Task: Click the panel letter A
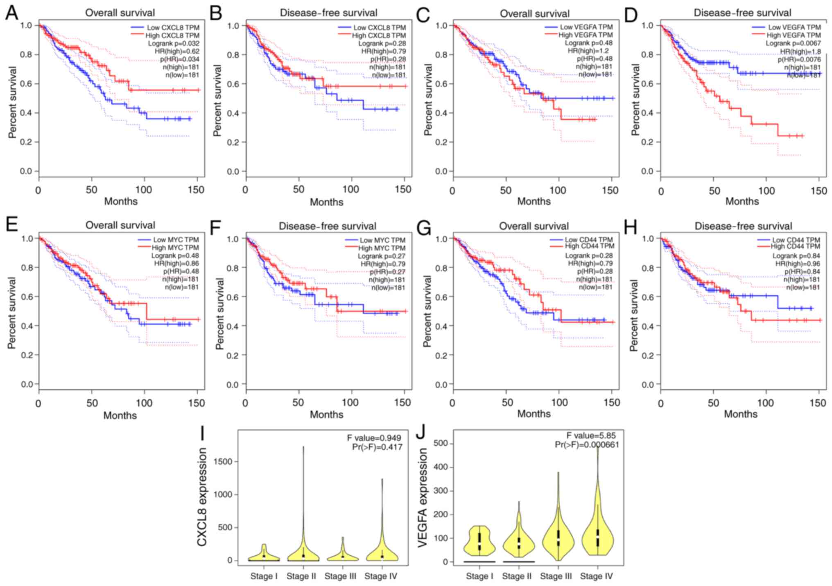click(x=11, y=13)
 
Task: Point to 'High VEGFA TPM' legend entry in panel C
click(x=586, y=35)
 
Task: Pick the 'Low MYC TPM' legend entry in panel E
click(x=176, y=240)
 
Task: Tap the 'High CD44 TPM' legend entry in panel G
click(x=589, y=246)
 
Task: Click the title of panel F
click(x=327, y=226)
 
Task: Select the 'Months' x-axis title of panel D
click(x=742, y=201)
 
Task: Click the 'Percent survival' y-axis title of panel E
click(x=12, y=313)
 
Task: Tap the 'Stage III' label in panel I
click(x=341, y=576)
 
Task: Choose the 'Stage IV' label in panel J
click(x=596, y=576)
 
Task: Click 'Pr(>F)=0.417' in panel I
click(x=377, y=447)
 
